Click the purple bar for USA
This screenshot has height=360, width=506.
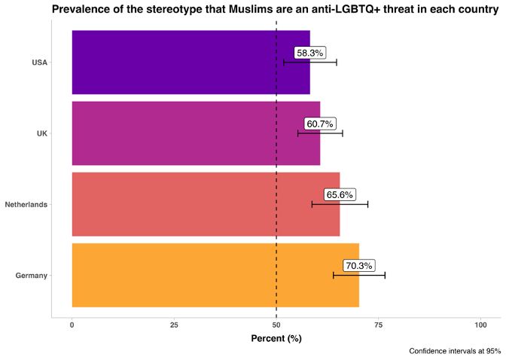(x=173, y=63)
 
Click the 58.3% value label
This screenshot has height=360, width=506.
(x=309, y=53)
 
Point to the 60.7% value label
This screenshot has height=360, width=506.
(x=320, y=124)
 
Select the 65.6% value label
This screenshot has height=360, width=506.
(x=340, y=195)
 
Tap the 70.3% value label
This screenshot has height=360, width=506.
(x=358, y=266)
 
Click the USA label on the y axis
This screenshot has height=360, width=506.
(x=40, y=63)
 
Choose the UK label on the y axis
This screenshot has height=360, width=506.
(x=42, y=133)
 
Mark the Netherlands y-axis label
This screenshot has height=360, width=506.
(x=26, y=204)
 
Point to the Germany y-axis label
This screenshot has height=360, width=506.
(x=32, y=276)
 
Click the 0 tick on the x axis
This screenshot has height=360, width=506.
(x=72, y=325)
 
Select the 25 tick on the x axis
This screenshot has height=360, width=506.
(x=174, y=325)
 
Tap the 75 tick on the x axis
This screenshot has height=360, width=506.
(x=379, y=325)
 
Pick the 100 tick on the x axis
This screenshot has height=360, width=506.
(x=480, y=325)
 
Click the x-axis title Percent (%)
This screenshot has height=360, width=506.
(x=276, y=339)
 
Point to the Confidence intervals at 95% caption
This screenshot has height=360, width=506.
(x=455, y=351)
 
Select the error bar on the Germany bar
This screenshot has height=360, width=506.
(x=359, y=275)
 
